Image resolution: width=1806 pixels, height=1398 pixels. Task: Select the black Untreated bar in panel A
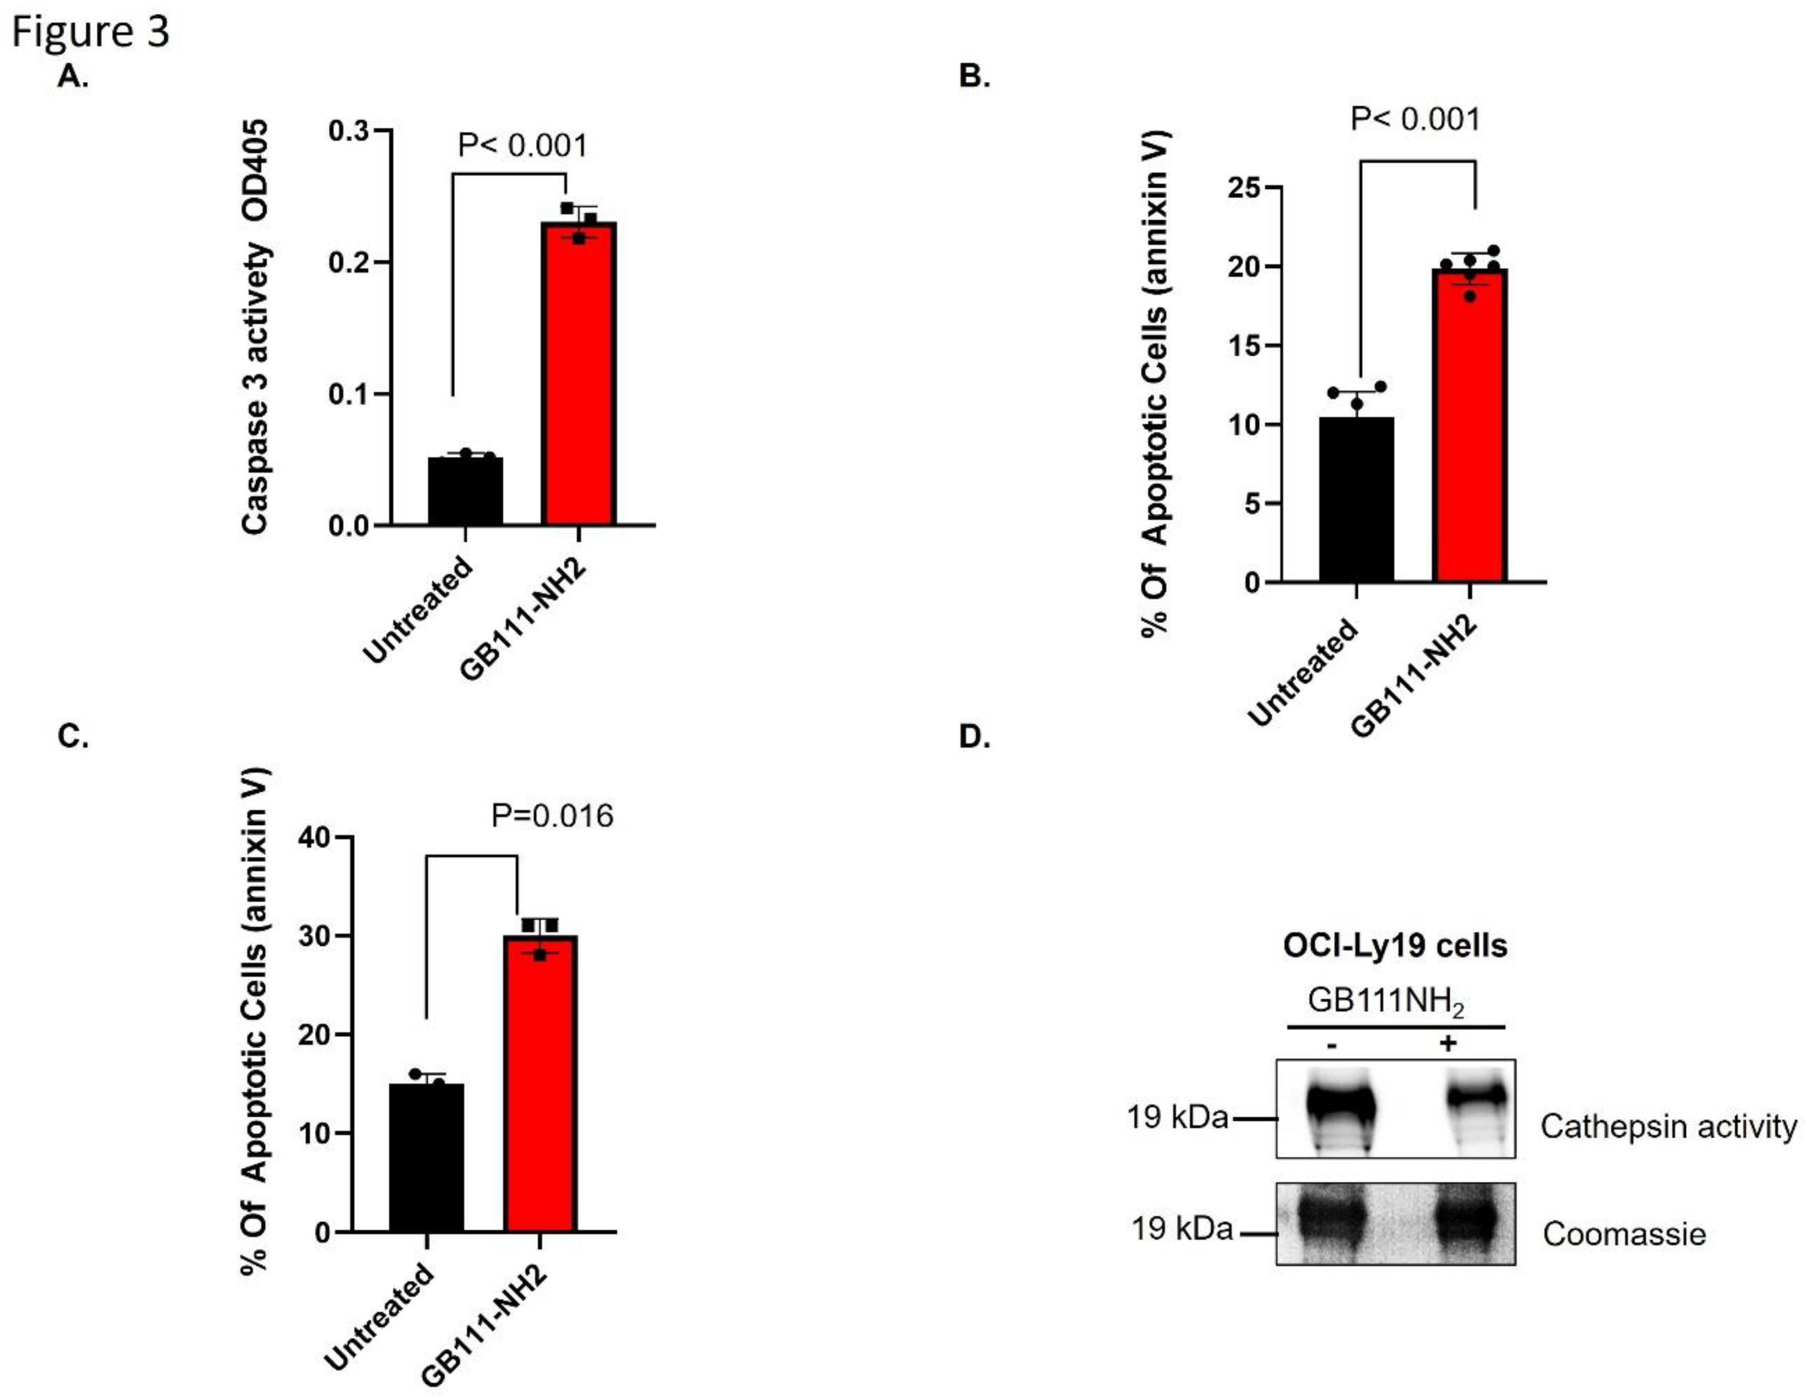[x=466, y=491]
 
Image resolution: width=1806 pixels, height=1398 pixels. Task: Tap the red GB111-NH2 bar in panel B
[x=1469, y=426]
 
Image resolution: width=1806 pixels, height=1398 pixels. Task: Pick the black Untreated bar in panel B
[x=1356, y=499]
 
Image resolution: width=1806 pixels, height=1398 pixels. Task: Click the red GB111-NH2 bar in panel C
[x=540, y=1083]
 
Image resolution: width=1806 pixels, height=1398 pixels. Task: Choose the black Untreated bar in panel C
[x=427, y=1157]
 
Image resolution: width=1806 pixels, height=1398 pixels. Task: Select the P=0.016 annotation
[x=553, y=816]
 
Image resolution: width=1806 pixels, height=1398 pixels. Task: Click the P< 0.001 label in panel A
[x=523, y=146]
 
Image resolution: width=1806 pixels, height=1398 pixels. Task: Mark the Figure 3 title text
[x=91, y=32]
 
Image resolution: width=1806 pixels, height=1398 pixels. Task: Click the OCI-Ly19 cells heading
[x=1395, y=945]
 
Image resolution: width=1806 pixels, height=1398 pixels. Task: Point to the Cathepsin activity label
[x=1668, y=1127]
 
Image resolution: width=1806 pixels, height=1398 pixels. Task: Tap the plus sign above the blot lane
[x=1447, y=1043]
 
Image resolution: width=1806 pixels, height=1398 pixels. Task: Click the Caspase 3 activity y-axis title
[x=256, y=326]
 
